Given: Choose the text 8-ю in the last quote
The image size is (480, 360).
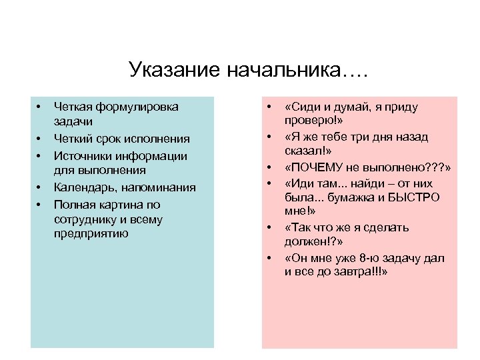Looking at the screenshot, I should pyautogui.click(x=364, y=258).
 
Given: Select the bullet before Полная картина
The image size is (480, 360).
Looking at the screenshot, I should pyautogui.click(x=39, y=204).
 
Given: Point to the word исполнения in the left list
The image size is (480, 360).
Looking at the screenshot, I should pyautogui.click(x=157, y=139).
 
